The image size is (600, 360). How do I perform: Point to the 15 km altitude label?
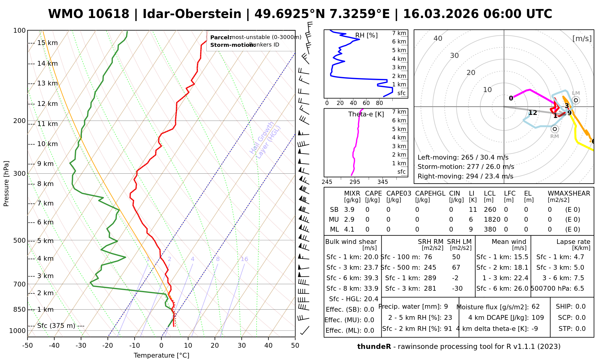pyautogui.click(x=47, y=43)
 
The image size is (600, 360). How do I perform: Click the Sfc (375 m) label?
pyautogui.click(x=56, y=326)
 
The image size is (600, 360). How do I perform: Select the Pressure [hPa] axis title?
pyautogui.click(x=6, y=184)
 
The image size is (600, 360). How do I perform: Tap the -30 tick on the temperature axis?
pyautogui.click(x=81, y=346)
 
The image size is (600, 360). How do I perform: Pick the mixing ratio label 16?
pyautogui.click(x=244, y=259)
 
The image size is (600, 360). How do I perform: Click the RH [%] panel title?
pyautogui.click(x=366, y=35)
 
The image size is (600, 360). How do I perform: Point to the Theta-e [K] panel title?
pyautogui.click(x=366, y=114)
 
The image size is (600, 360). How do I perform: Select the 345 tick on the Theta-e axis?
pyautogui.click(x=382, y=182)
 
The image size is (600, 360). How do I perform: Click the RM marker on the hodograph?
pyautogui.click(x=555, y=129)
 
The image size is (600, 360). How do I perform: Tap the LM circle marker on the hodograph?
pyautogui.click(x=576, y=100)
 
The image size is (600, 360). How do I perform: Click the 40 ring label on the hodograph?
pyautogui.click(x=438, y=38)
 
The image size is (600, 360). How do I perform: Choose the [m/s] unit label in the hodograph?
pyautogui.click(x=582, y=38)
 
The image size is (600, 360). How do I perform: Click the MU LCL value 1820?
pyautogui.click(x=492, y=220)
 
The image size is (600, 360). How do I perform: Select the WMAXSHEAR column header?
pyautogui.click(x=569, y=193)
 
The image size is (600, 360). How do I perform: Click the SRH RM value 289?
pyautogui.click(x=430, y=278)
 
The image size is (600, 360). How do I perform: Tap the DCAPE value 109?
pyautogui.click(x=538, y=318)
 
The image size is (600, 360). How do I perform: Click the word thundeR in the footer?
pyautogui.click(x=374, y=347)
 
